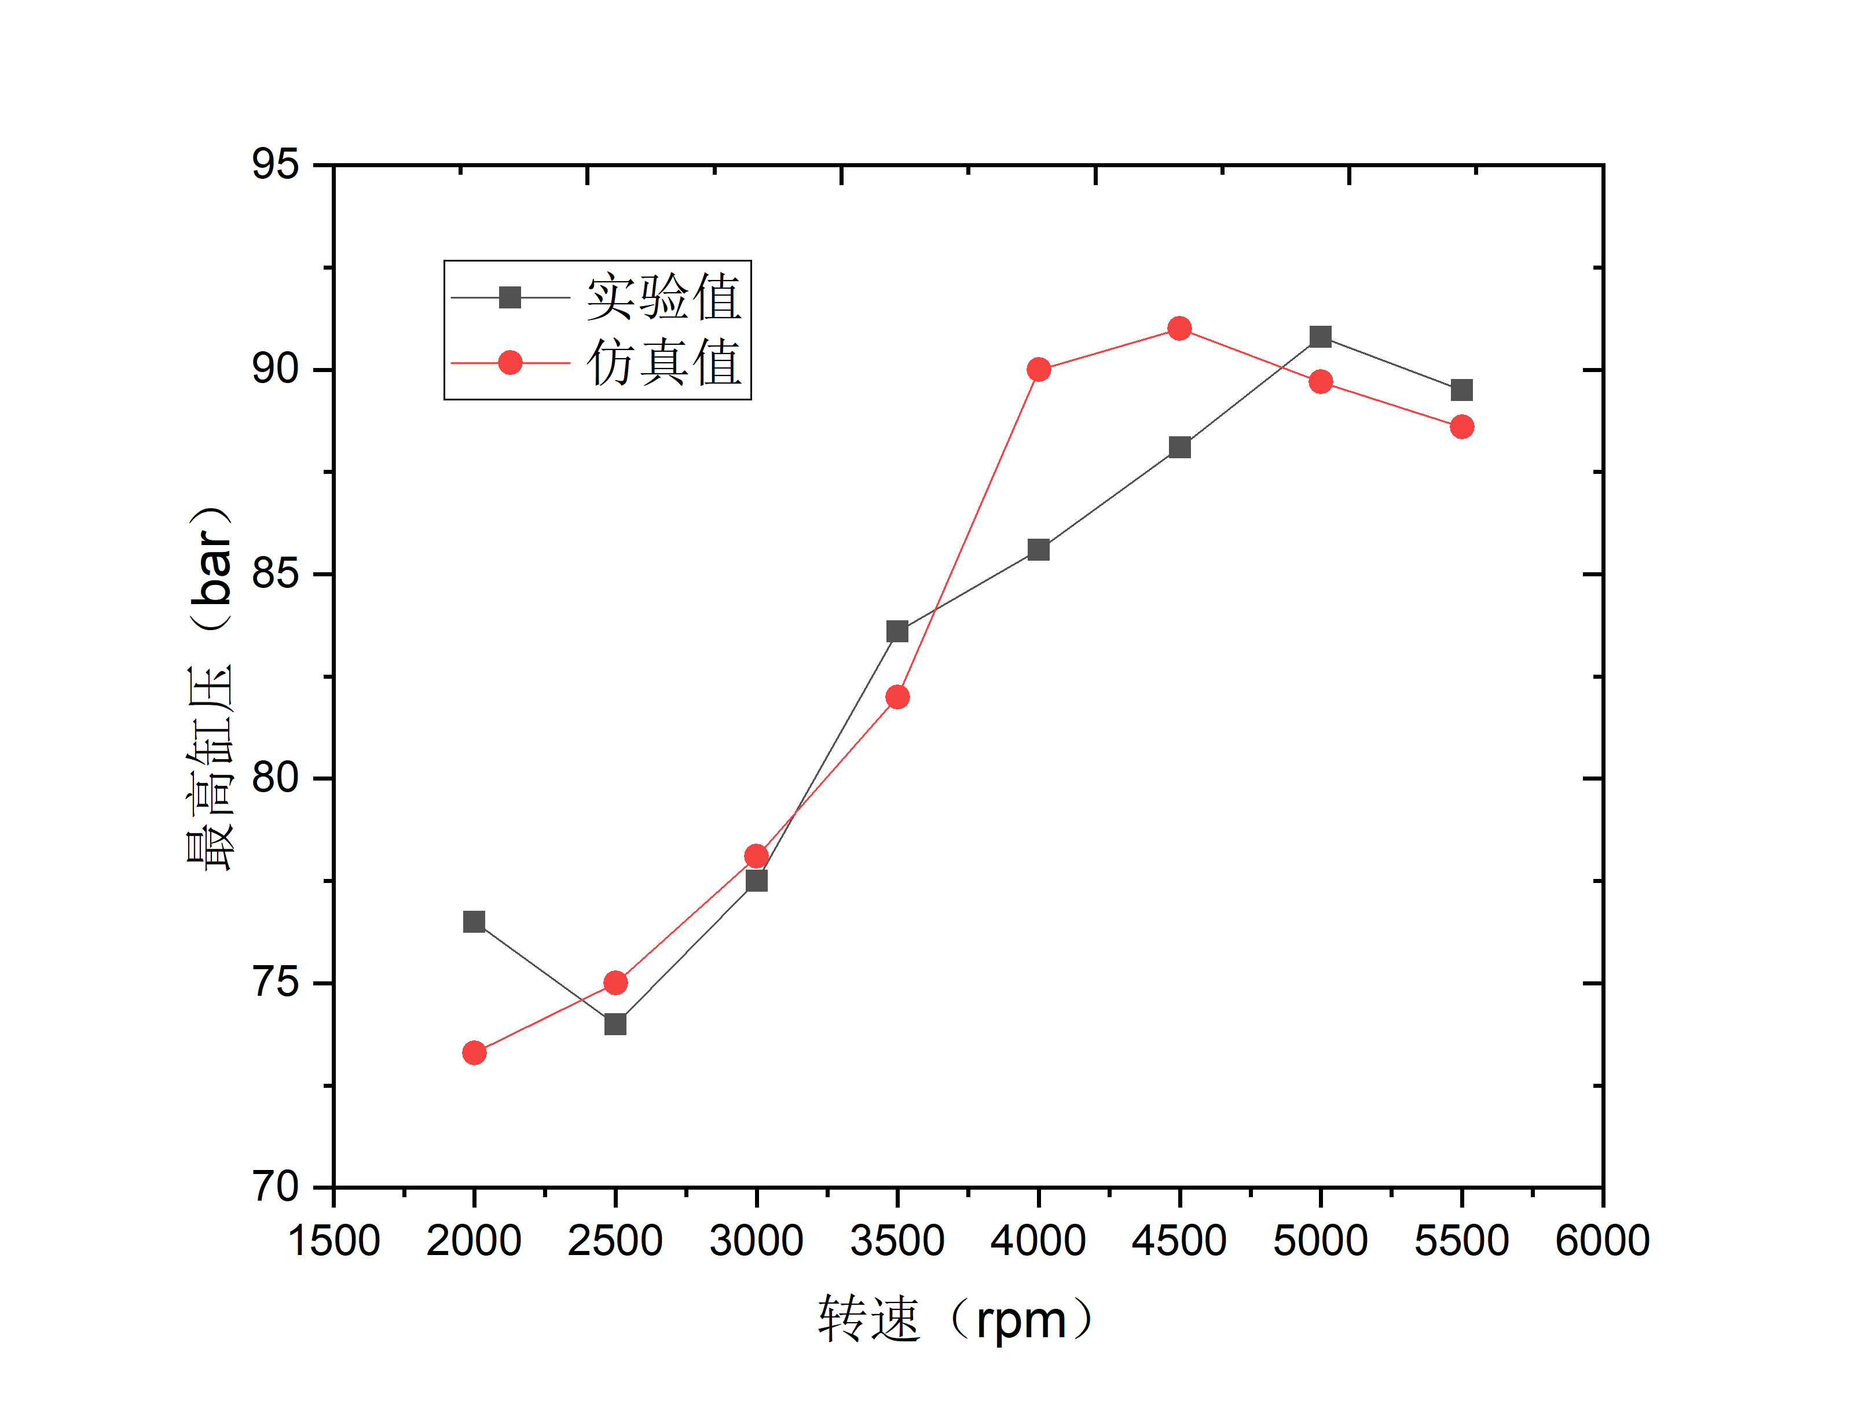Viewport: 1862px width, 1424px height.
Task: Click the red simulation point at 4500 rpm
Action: point(1179,328)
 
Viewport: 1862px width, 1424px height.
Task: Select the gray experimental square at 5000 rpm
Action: point(1320,337)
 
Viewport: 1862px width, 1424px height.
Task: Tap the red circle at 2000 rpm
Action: point(474,1053)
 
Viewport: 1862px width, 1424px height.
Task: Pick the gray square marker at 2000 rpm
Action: point(474,921)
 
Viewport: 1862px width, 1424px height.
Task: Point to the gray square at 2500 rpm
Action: point(615,1024)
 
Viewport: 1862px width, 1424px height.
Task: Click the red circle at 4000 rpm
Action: point(1039,370)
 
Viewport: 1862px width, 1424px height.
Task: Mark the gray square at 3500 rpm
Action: point(897,631)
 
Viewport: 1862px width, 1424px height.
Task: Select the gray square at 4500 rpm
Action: point(1179,447)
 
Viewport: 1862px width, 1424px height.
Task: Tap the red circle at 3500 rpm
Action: point(897,697)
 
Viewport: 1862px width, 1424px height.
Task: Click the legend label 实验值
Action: point(664,297)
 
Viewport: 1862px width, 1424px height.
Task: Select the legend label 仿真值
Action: point(664,363)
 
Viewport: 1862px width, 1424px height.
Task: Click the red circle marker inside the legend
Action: point(510,363)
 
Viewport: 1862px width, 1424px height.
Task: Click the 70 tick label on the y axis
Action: point(276,1187)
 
